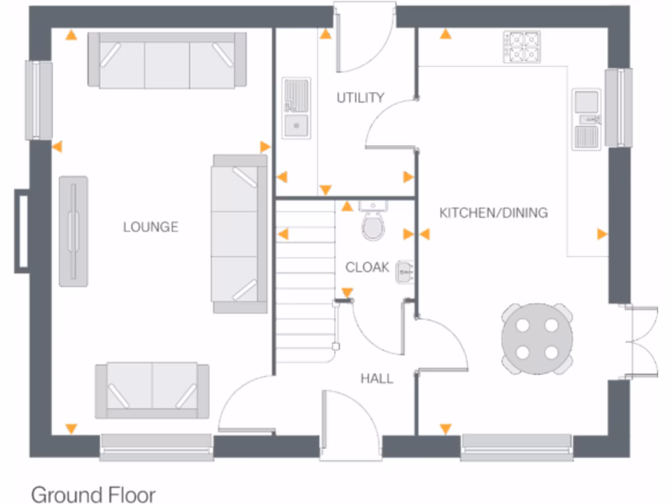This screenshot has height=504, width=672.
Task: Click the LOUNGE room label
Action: pos(150,227)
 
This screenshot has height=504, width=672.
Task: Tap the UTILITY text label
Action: pos(360,98)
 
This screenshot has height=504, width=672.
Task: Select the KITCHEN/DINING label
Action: pos(493,213)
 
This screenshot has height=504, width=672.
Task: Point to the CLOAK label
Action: pos(367,267)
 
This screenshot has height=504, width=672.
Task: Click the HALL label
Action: pos(377,379)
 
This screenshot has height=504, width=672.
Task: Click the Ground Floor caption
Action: pos(93,493)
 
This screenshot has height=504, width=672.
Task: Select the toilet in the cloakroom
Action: pos(373,224)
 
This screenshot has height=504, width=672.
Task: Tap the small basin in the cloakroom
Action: pos(404,271)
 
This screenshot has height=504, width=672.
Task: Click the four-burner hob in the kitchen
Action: pos(522,47)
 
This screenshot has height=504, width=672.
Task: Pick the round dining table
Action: pos(537,339)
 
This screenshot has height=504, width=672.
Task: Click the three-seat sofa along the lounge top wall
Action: pos(167,60)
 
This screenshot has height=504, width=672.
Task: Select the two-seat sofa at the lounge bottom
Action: pos(152,390)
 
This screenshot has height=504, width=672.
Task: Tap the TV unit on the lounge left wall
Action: pos(73,230)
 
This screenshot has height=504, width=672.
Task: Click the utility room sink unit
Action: pos(297,108)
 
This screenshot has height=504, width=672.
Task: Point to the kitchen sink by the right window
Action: pos(586,119)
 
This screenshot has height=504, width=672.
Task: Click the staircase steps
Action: pos(305,282)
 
